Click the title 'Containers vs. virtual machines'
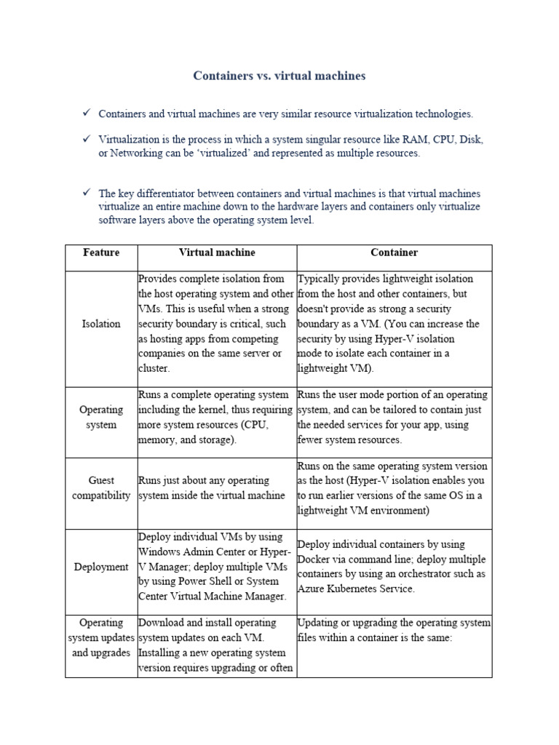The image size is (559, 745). (x=279, y=76)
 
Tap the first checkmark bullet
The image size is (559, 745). (x=86, y=113)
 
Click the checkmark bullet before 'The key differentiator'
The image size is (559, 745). (x=86, y=193)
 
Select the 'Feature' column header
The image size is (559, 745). (x=101, y=252)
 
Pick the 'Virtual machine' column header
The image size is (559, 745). (x=217, y=252)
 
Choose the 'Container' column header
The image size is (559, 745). (x=394, y=252)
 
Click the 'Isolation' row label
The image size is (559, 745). (x=101, y=324)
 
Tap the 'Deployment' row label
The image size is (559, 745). (x=101, y=567)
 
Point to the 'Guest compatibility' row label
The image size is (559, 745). (x=101, y=488)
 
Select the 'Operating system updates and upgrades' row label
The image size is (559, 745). (x=101, y=638)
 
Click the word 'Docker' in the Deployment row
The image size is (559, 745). (x=314, y=559)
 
